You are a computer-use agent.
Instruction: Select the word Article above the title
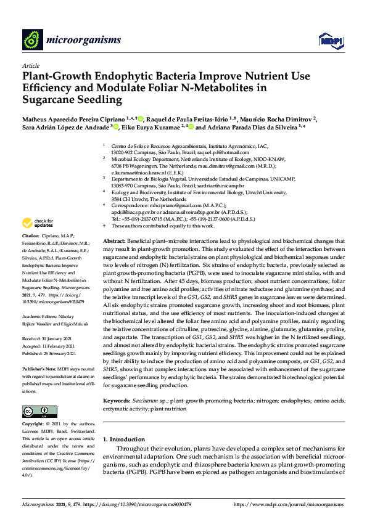[30, 65]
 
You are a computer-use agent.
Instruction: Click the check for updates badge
[38, 223]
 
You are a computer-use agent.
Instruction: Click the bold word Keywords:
[117, 401]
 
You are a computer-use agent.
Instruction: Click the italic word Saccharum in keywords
[146, 401]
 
